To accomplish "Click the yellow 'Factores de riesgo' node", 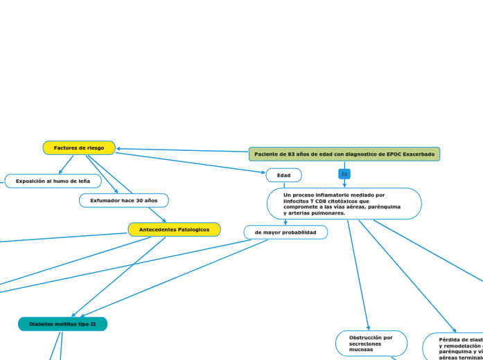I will point(79,148).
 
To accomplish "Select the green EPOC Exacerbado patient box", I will point(344,154).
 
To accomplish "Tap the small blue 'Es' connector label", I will point(344,174).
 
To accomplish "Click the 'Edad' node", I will point(283,175).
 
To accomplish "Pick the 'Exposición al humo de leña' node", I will point(53,181).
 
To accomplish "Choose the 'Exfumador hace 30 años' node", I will point(124,201).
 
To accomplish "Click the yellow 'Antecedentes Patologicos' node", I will point(174,229).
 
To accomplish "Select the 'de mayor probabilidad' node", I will point(286,233).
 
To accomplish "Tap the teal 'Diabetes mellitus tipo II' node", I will point(62,324).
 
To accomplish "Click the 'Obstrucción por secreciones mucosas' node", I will point(371,343).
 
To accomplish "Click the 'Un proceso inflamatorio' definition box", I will point(344,204).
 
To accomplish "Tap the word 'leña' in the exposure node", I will point(83,181).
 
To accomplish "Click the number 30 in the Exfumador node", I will point(139,201).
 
